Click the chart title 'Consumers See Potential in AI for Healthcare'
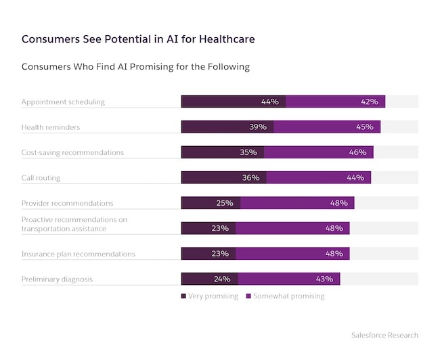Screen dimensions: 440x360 (x=138, y=39)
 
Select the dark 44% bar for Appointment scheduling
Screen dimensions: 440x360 (x=234, y=102)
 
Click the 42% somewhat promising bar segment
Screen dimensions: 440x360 (x=336, y=102)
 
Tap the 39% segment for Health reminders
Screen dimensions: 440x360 (x=227, y=127)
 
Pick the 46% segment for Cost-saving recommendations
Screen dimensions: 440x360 (x=319, y=152)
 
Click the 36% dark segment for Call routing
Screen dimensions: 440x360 (x=224, y=177)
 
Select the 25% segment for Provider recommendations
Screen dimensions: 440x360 (x=211, y=203)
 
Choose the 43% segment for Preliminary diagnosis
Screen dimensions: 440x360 (x=289, y=279)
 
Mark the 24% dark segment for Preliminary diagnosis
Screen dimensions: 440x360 (x=210, y=279)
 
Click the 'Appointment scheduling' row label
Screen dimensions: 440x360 (x=63, y=102)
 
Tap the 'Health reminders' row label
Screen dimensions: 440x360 (x=51, y=127)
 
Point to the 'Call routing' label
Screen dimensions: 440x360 (x=41, y=178)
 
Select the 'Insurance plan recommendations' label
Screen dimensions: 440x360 (x=79, y=254)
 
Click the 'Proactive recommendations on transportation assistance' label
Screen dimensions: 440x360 (x=74, y=224)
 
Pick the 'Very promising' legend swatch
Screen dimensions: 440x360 (x=183, y=296)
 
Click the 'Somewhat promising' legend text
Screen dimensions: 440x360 (x=289, y=296)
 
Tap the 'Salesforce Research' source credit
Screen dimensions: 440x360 (x=384, y=335)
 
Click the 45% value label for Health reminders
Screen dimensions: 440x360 (x=365, y=127)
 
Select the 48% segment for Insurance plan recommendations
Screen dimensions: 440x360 (x=292, y=254)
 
